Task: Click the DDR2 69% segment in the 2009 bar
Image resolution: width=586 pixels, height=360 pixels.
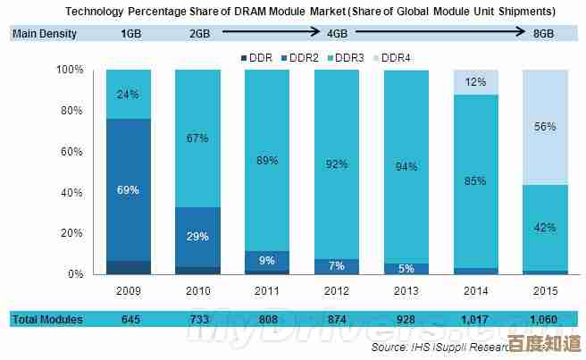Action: point(129,189)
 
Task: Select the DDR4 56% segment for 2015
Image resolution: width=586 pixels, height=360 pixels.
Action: point(543,127)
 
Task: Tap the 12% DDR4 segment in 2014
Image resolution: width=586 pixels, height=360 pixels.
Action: point(474,82)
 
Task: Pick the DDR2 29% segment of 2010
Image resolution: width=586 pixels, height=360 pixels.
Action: point(197,236)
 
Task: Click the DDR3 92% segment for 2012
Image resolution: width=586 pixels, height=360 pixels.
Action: point(336,164)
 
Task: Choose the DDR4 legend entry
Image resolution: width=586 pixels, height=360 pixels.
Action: point(393,57)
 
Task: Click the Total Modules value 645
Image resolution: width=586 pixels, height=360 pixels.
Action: point(130,319)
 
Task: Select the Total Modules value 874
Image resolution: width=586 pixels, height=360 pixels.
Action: point(336,319)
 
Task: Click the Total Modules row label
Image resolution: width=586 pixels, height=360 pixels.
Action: point(46,319)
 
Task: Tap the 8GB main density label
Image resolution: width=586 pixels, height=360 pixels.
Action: point(543,34)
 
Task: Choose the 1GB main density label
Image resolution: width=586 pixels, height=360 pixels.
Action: point(130,34)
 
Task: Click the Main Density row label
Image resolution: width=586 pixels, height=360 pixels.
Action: point(45,34)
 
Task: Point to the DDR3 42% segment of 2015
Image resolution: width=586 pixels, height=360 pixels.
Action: point(543,227)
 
